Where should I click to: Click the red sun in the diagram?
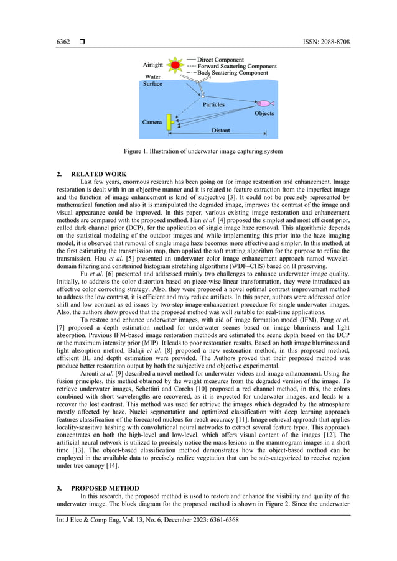coord(175,64)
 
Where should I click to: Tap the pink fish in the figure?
coord(265,103)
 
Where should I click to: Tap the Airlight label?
coord(153,65)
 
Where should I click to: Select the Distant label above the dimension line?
coord(221,131)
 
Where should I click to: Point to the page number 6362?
coord(63,42)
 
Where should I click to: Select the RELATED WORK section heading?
coord(99,174)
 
